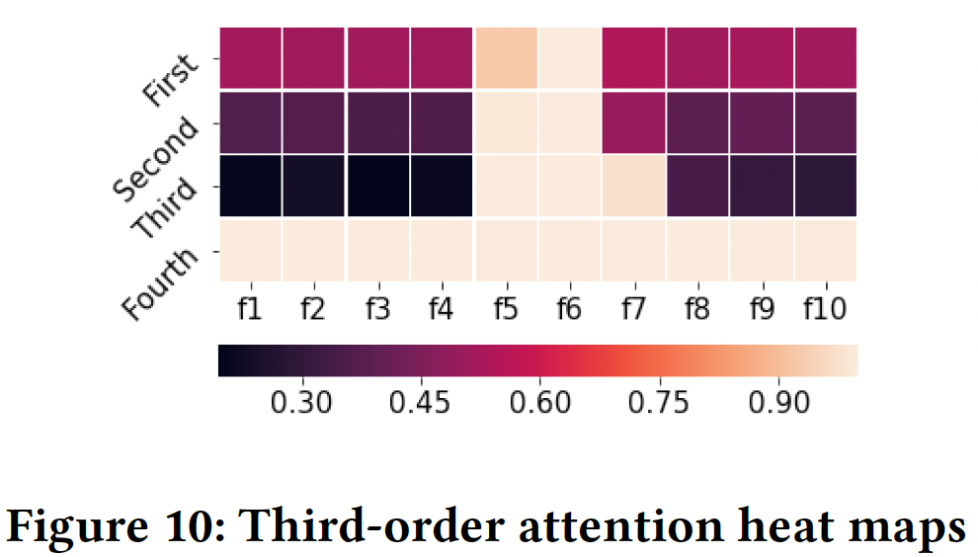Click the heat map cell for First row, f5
(x=507, y=58)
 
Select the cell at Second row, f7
(x=633, y=121)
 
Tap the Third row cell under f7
(x=633, y=185)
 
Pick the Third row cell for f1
(x=251, y=185)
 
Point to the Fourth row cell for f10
(x=825, y=249)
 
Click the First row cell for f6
(x=570, y=58)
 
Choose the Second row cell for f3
(x=378, y=121)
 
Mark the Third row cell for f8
(x=697, y=185)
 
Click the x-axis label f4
(x=442, y=308)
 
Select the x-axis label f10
(x=825, y=308)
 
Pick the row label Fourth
(x=160, y=282)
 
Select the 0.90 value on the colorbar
(x=779, y=404)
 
